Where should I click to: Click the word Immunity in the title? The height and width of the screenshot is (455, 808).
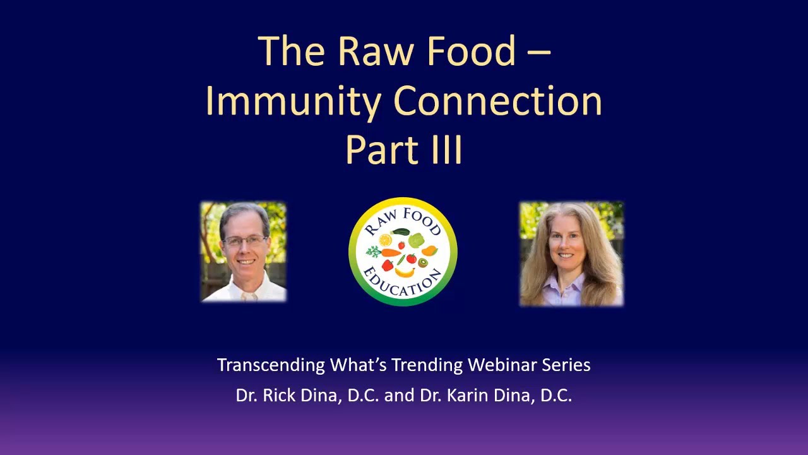pyautogui.click(x=294, y=102)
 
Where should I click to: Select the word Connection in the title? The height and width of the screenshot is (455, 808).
pyautogui.click(x=498, y=100)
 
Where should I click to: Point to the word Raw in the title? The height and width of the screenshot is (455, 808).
pyautogui.click(x=376, y=51)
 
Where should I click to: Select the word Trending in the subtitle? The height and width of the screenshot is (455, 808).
pyautogui.click(x=427, y=365)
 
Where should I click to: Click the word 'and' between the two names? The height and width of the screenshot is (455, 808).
pyautogui.click(x=399, y=396)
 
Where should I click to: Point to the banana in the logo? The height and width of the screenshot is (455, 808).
pyautogui.click(x=405, y=272)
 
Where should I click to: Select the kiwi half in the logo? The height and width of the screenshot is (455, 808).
pyautogui.click(x=423, y=262)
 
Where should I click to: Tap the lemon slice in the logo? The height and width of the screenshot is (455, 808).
pyautogui.click(x=385, y=240)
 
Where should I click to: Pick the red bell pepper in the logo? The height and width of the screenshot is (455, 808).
pyautogui.click(x=387, y=265)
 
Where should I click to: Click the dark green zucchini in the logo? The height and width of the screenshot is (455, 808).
pyautogui.click(x=400, y=231)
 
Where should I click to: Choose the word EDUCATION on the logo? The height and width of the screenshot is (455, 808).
pyautogui.click(x=403, y=284)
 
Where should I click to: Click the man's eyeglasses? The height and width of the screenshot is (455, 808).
pyautogui.click(x=245, y=241)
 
